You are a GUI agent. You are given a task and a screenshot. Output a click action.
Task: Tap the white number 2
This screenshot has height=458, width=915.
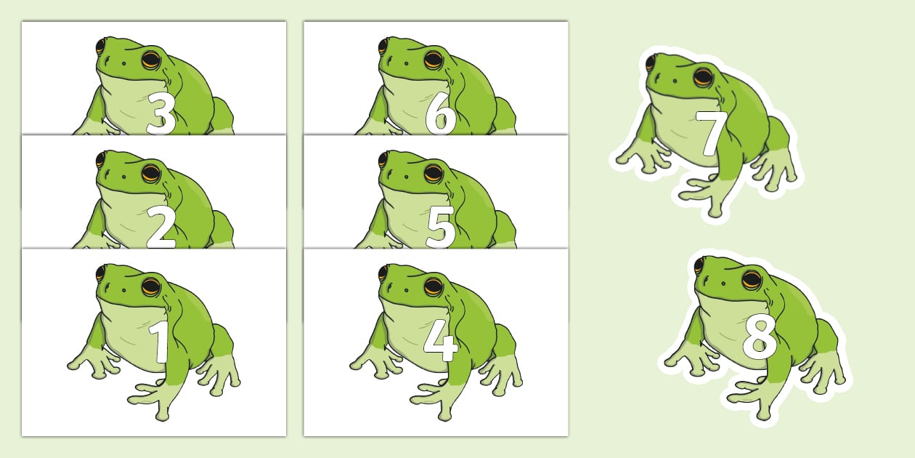(161, 228)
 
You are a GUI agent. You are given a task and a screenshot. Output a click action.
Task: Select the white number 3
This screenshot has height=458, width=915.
(161, 113)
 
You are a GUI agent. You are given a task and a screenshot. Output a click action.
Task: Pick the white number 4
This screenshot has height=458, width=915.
(440, 342)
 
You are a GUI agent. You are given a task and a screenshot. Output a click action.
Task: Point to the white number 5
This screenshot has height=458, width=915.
(440, 228)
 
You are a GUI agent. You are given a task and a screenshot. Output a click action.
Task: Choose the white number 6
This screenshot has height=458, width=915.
(440, 113)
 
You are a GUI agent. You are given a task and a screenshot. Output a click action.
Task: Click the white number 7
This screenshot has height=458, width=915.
(711, 133)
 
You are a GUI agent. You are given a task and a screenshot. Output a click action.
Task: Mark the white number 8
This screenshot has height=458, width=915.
(760, 339)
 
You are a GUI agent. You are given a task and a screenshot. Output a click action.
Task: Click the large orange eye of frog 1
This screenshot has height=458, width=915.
(151, 287)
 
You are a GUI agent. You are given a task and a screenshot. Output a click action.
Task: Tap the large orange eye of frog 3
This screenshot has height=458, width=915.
(151, 60)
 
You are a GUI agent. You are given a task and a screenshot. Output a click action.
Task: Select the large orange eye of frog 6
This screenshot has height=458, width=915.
(433, 60)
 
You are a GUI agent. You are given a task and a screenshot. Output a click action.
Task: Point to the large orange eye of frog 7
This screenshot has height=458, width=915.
(703, 76)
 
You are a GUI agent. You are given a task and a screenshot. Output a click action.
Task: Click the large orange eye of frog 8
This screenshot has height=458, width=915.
(752, 280)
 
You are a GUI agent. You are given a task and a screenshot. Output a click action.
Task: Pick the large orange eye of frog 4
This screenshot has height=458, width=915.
(433, 287)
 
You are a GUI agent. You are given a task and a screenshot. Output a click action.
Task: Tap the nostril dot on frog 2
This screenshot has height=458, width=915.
(124, 177)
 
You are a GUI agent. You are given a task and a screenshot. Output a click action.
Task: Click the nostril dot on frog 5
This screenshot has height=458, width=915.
(406, 177)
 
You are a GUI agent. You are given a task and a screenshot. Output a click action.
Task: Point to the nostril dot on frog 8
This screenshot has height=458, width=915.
(723, 284)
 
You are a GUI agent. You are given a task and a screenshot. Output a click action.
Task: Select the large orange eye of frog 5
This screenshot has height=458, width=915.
(433, 174)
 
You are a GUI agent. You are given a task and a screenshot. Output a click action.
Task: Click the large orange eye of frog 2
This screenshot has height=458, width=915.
(151, 174)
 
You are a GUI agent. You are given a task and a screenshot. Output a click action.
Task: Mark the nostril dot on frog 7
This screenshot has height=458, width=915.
(675, 81)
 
